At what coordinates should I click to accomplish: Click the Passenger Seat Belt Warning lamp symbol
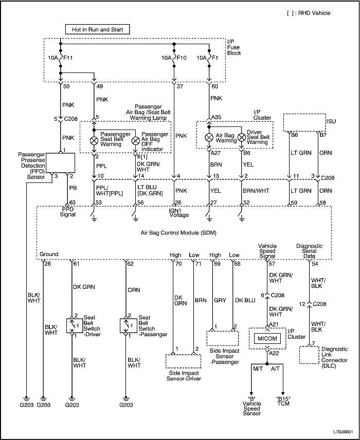coord(94,140)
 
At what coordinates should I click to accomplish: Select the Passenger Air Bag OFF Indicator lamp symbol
coord(135,140)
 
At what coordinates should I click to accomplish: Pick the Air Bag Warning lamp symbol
coord(209,137)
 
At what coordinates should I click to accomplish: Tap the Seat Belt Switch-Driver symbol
coord(71,325)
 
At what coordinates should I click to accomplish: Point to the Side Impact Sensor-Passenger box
coord(223,338)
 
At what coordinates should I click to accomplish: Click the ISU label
coord(332,122)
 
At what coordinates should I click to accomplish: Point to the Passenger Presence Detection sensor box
coord(61,163)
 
